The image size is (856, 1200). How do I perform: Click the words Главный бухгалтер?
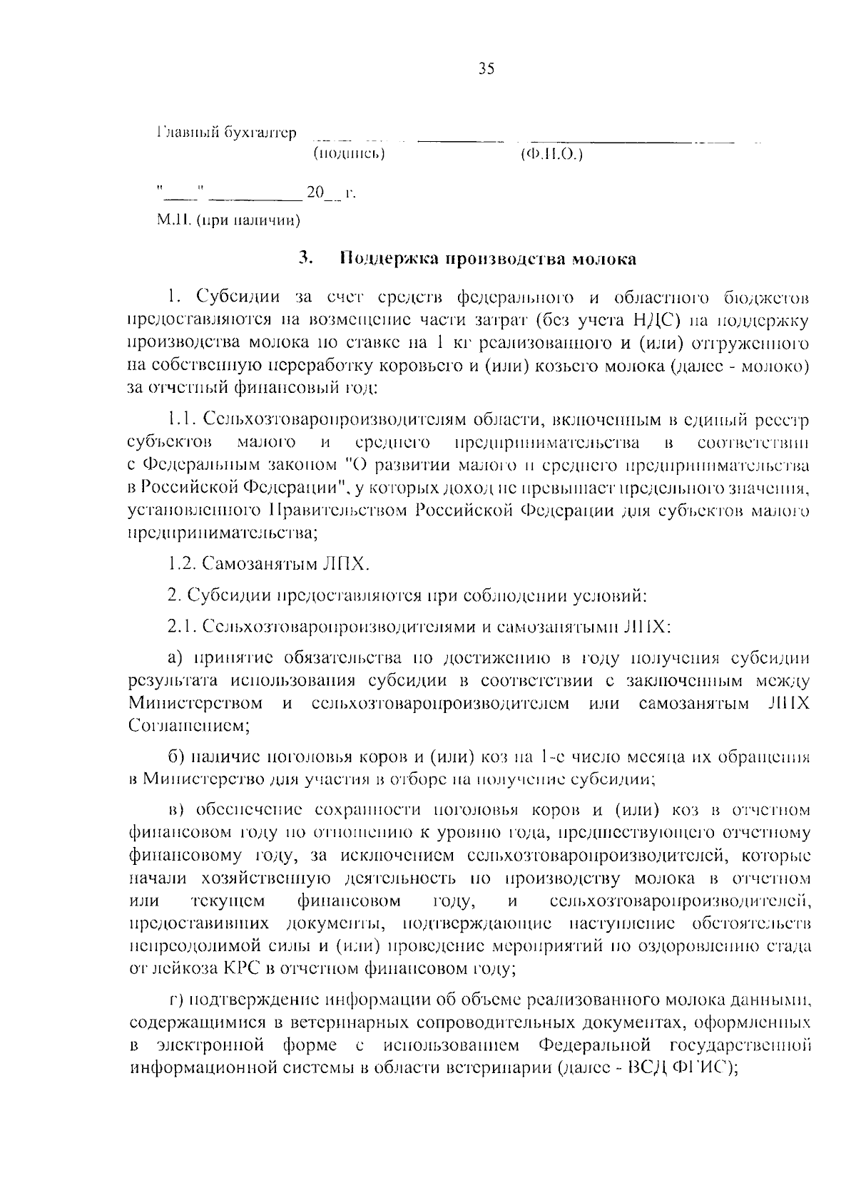225,133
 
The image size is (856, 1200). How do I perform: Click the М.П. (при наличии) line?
228,220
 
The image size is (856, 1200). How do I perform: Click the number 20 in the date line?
315,193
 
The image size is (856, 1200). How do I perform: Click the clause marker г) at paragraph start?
176,1000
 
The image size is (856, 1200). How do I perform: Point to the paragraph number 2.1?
180,626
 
